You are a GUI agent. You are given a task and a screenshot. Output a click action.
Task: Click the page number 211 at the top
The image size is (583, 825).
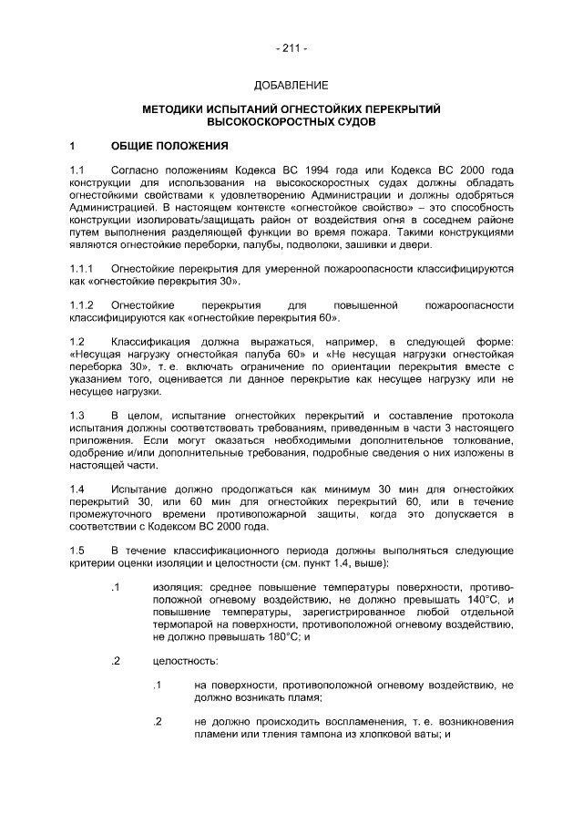(x=291, y=47)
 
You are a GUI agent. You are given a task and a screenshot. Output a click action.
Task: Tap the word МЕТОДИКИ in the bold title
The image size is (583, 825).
(x=178, y=108)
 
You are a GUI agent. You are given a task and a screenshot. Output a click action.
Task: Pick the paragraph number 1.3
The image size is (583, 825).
(x=77, y=415)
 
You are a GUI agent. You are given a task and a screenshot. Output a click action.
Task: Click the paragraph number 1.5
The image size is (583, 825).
(x=77, y=550)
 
